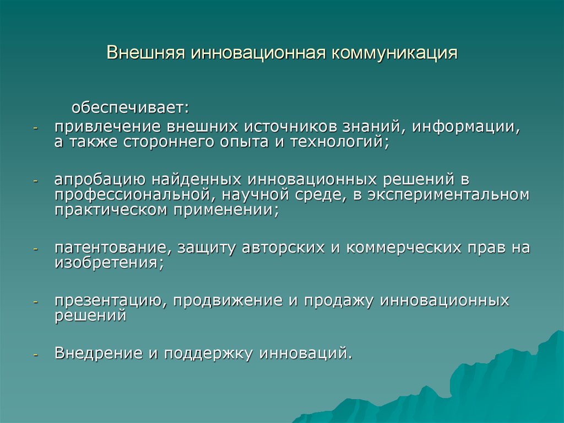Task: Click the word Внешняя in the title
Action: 145,52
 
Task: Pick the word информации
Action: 466,127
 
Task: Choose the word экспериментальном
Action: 448,195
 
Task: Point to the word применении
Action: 226,210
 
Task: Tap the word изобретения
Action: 110,263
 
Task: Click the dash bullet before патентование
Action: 35,249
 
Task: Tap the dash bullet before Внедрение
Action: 35,355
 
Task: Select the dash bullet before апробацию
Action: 35,181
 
